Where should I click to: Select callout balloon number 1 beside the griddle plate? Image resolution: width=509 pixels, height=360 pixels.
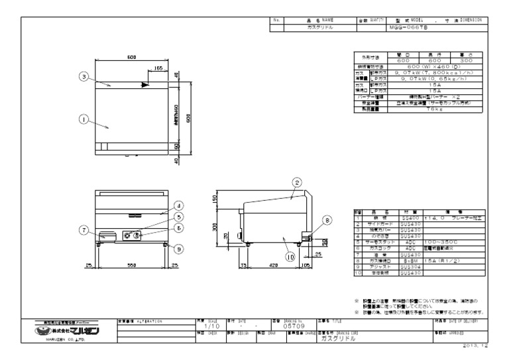tap(84, 119)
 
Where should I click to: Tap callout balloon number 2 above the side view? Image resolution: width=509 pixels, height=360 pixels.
tap(298, 182)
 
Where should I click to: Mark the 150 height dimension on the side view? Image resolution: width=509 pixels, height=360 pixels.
tap(214, 198)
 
